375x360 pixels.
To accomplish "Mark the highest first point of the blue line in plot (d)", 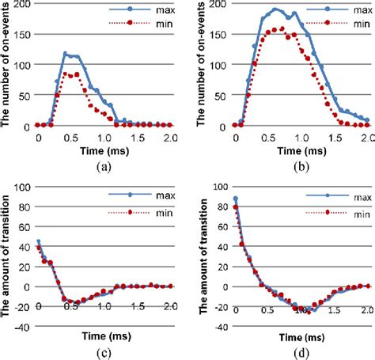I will click(236, 199).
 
